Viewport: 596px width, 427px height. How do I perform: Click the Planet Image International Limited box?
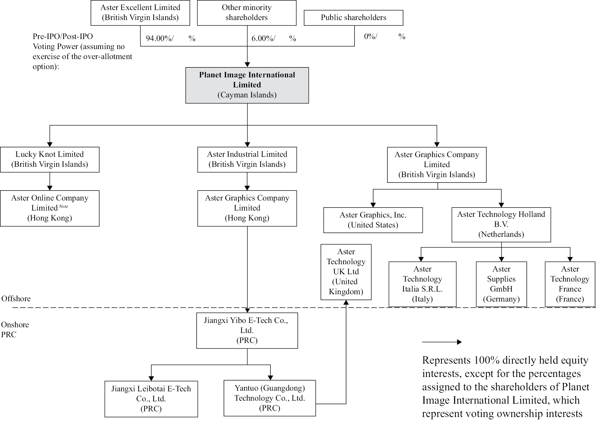point(247,85)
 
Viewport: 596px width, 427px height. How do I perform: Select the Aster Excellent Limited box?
point(140,13)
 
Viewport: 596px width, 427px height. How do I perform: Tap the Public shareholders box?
point(353,18)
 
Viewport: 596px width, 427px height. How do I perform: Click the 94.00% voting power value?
point(160,38)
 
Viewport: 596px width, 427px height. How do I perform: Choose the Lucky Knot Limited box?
point(50,159)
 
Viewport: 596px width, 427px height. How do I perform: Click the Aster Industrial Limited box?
point(247,159)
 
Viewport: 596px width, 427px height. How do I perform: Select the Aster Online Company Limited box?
point(50,208)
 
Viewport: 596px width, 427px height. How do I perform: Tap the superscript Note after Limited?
point(63,206)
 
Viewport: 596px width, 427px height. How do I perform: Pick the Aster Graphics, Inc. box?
point(373,220)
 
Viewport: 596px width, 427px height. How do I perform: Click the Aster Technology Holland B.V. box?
point(501,225)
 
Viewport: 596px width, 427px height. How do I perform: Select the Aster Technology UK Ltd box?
point(346,272)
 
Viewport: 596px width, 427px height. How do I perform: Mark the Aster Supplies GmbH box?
point(501,284)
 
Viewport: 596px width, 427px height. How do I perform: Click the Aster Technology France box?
point(570,284)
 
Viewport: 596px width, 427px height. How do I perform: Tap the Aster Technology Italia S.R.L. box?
point(422,284)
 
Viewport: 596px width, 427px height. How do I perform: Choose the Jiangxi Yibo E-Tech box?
point(247,330)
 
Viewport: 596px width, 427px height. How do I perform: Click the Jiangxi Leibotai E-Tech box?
point(151,399)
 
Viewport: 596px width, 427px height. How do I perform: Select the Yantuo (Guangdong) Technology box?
point(270,398)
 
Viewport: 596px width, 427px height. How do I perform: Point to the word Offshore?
point(16,299)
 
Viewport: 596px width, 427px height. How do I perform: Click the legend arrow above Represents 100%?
point(442,342)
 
